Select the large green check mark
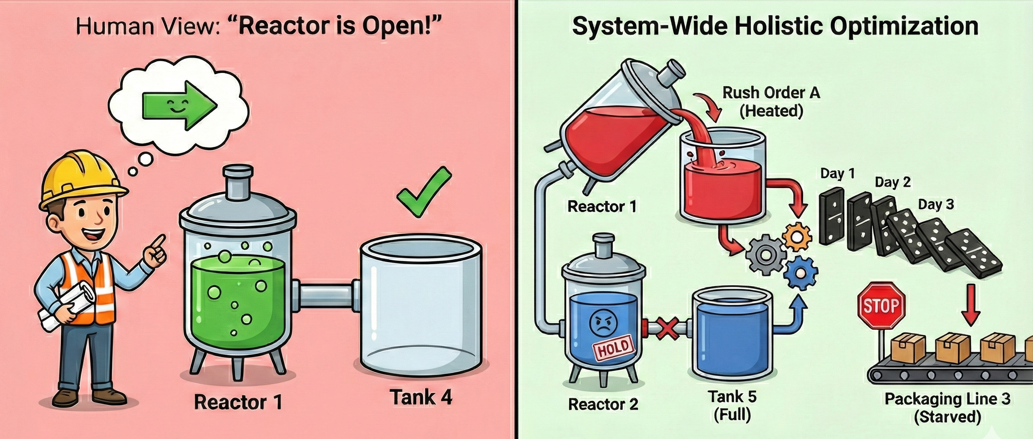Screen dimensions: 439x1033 coord(423,193)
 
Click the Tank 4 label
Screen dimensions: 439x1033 coord(421,397)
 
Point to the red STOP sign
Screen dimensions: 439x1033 coord(881,306)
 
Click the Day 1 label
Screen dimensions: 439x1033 coord(837,173)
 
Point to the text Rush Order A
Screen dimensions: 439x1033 coord(771,93)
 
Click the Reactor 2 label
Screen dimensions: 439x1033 coord(603,404)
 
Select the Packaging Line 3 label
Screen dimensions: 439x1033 coord(947,399)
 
